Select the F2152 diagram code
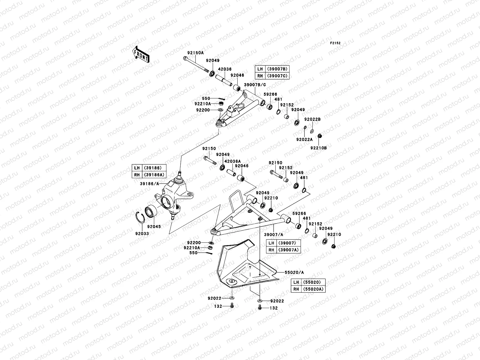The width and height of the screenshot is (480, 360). tap(336, 43)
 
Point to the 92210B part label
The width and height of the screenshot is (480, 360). tap(319, 148)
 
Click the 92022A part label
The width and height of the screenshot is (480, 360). tap(304, 139)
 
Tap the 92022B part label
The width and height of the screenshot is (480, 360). tap(312, 119)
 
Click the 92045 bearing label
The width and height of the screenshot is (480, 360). tap(154, 226)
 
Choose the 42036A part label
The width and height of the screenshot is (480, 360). tap(232, 161)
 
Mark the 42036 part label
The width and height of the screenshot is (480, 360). tap(225, 69)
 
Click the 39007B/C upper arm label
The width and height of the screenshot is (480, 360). tap(255, 85)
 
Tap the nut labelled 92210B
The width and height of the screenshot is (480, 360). tap(319, 136)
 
